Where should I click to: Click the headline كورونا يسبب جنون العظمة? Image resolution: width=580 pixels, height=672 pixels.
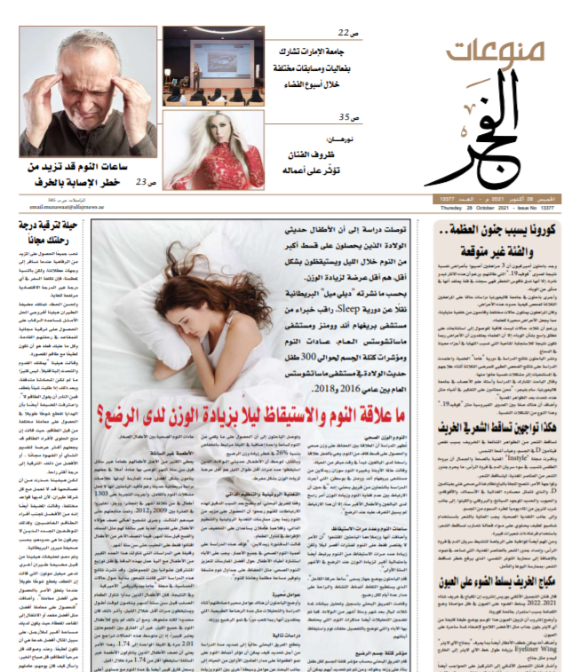[503, 231]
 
